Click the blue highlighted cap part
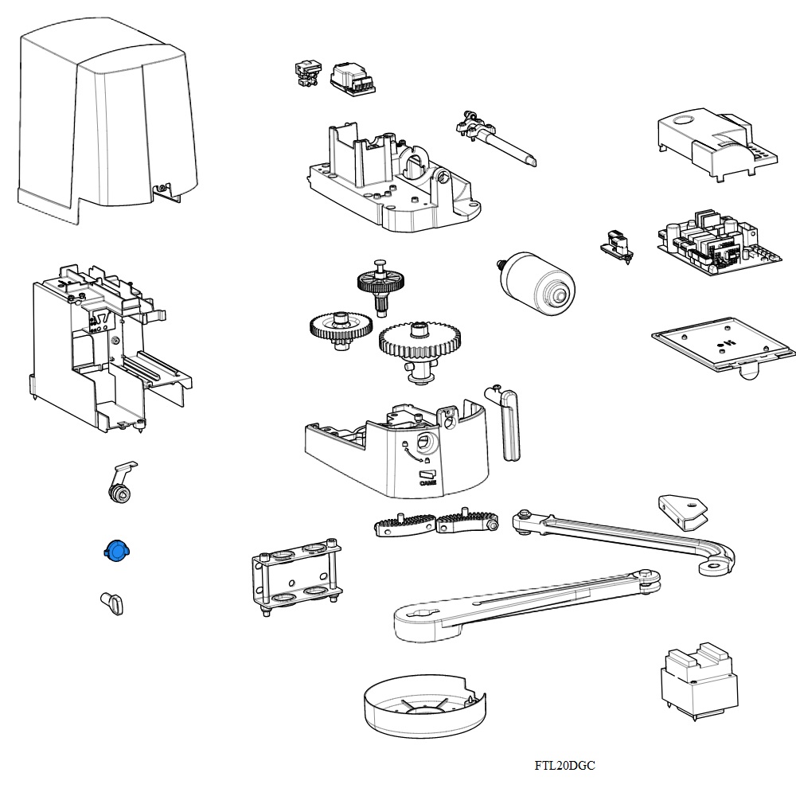116,550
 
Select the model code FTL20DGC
564,766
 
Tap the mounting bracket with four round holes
296,577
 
